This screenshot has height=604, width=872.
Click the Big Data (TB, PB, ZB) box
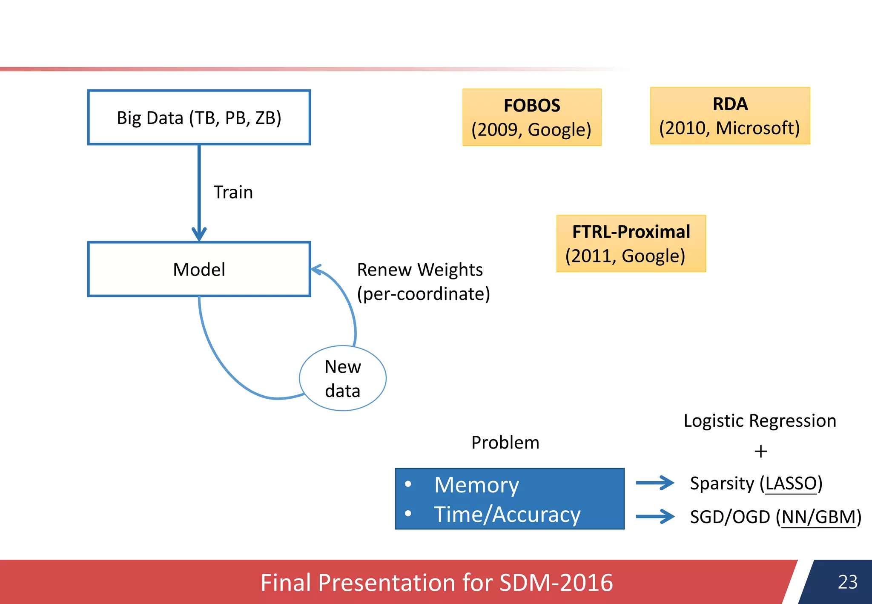pyautogui.click(x=199, y=118)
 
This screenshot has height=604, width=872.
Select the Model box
pyautogui.click(x=199, y=269)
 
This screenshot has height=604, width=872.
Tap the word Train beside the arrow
pyautogui.click(x=233, y=192)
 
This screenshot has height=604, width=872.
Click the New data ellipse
pyautogui.click(x=343, y=378)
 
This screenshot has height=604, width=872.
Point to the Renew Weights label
pyautogui.click(x=419, y=270)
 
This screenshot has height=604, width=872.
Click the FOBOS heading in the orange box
pyautogui.click(x=532, y=106)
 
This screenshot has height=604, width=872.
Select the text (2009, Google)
pyautogui.click(x=531, y=129)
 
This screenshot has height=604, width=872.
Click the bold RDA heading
pyautogui.click(x=730, y=104)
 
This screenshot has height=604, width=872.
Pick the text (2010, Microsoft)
pyautogui.click(x=729, y=128)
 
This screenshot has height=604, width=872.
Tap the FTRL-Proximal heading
pyautogui.click(x=631, y=232)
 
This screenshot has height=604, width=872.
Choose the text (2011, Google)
pyautogui.click(x=625, y=256)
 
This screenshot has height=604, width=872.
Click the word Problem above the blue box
pyautogui.click(x=505, y=443)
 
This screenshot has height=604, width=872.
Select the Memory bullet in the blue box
pyautogui.click(x=476, y=485)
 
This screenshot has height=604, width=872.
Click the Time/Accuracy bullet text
pyautogui.click(x=507, y=514)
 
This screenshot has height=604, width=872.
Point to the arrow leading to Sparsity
pyautogui.click(x=654, y=483)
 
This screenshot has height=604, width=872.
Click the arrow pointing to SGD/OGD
pyautogui.click(x=654, y=516)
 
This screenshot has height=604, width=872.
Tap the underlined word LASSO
pyautogui.click(x=791, y=483)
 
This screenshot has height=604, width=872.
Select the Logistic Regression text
pyautogui.click(x=760, y=421)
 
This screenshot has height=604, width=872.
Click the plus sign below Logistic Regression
pyautogui.click(x=760, y=451)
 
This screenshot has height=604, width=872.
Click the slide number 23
pyautogui.click(x=847, y=582)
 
